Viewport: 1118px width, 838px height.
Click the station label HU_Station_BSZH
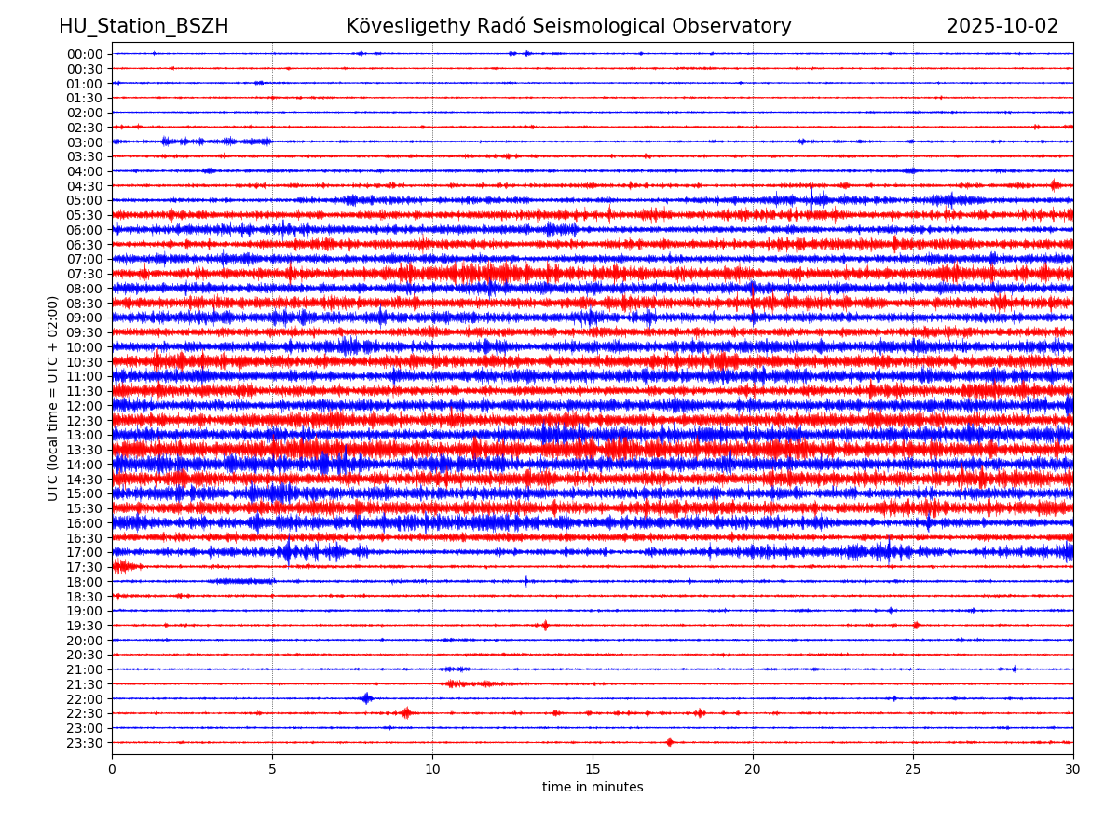tap(143, 26)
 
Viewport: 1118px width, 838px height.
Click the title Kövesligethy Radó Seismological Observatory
tap(568, 26)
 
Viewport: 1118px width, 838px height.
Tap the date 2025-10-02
tap(1002, 26)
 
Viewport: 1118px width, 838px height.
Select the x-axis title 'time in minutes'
tap(593, 787)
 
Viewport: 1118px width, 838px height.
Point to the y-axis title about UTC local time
tap(53, 398)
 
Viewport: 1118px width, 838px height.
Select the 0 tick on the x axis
tap(112, 769)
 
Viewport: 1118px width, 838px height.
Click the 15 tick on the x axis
tap(593, 769)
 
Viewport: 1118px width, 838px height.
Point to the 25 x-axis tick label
tap(913, 769)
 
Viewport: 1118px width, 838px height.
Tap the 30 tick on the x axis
tap(1073, 769)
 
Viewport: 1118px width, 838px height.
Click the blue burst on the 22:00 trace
tap(366, 698)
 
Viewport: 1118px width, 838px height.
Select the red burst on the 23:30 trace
tap(670, 742)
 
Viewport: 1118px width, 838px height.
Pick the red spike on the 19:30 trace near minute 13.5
tap(545, 625)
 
